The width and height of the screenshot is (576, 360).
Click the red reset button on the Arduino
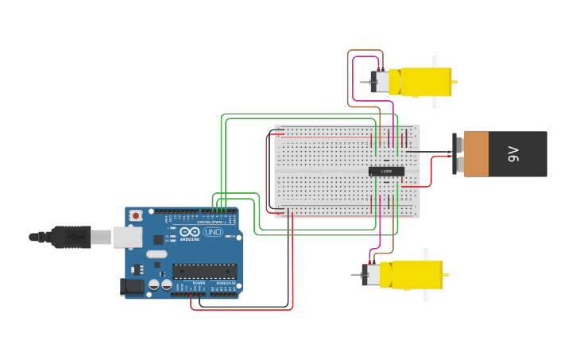[137, 215]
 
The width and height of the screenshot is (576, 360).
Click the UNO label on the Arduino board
[213, 232]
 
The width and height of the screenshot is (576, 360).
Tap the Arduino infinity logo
[189, 232]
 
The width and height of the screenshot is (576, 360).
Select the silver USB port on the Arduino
[127, 237]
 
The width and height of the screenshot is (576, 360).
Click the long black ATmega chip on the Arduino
[204, 271]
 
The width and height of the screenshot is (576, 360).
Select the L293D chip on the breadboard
[386, 171]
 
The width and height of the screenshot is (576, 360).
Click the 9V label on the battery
[513, 154]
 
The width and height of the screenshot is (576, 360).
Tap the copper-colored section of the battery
[477, 154]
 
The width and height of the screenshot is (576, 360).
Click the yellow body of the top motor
[425, 82]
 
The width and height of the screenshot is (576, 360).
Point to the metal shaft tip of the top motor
[365, 82]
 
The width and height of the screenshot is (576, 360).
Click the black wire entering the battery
[433, 151]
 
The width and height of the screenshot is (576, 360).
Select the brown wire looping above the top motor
[365, 51]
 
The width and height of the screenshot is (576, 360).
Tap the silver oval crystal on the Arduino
[157, 254]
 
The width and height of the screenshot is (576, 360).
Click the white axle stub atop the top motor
[435, 61]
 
